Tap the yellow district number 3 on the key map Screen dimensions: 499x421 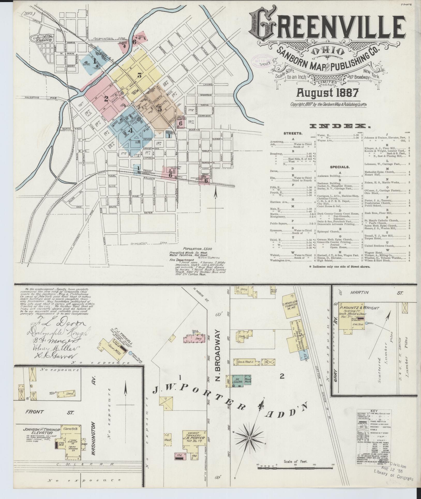(139, 76)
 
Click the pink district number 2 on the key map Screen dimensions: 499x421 (106, 99)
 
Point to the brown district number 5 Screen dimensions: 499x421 (160, 109)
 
